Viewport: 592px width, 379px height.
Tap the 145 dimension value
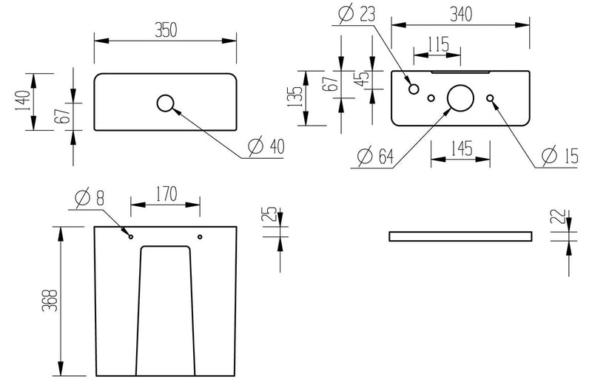coord(461,148)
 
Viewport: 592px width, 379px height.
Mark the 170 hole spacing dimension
coord(165,194)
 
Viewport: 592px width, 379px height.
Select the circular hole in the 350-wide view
coord(165,103)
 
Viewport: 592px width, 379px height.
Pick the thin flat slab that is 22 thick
coord(460,236)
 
